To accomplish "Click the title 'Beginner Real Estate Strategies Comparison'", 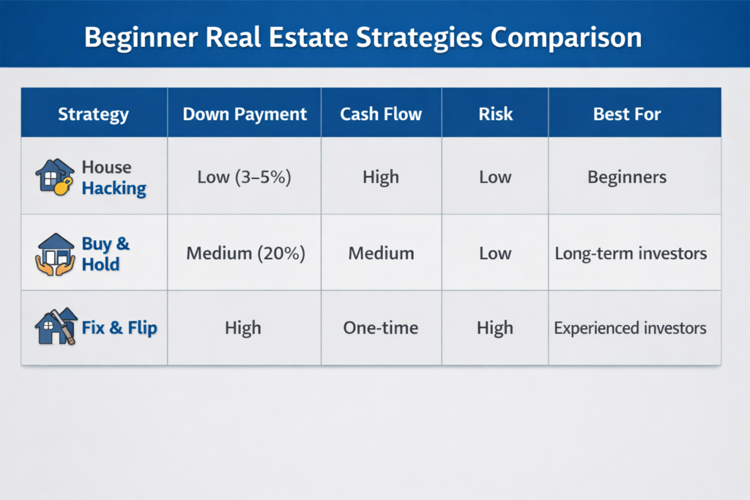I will click(x=363, y=37).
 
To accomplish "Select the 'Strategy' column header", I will click(x=93, y=114).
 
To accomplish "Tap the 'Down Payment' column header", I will click(x=245, y=114).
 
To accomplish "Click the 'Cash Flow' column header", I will click(x=381, y=114).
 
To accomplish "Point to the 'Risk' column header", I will click(x=495, y=114).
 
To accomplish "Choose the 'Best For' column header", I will click(x=627, y=114).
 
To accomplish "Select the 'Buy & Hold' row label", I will click(x=105, y=253).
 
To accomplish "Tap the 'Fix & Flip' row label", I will click(x=119, y=328).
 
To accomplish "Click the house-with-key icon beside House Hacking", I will click(x=55, y=177).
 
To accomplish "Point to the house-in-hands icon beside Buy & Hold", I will click(x=55, y=253).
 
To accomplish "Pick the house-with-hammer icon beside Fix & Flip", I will click(x=56, y=327).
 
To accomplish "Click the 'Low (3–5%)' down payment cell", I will click(x=244, y=177).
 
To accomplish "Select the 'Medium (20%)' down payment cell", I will click(x=245, y=253).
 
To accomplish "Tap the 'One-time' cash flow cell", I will click(x=381, y=328).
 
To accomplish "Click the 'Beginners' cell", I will click(x=628, y=177).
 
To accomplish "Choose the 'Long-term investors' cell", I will click(x=631, y=253).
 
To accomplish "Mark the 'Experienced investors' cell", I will click(x=630, y=328).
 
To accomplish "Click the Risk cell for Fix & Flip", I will click(x=495, y=328).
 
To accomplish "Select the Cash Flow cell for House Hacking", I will click(x=381, y=177).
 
